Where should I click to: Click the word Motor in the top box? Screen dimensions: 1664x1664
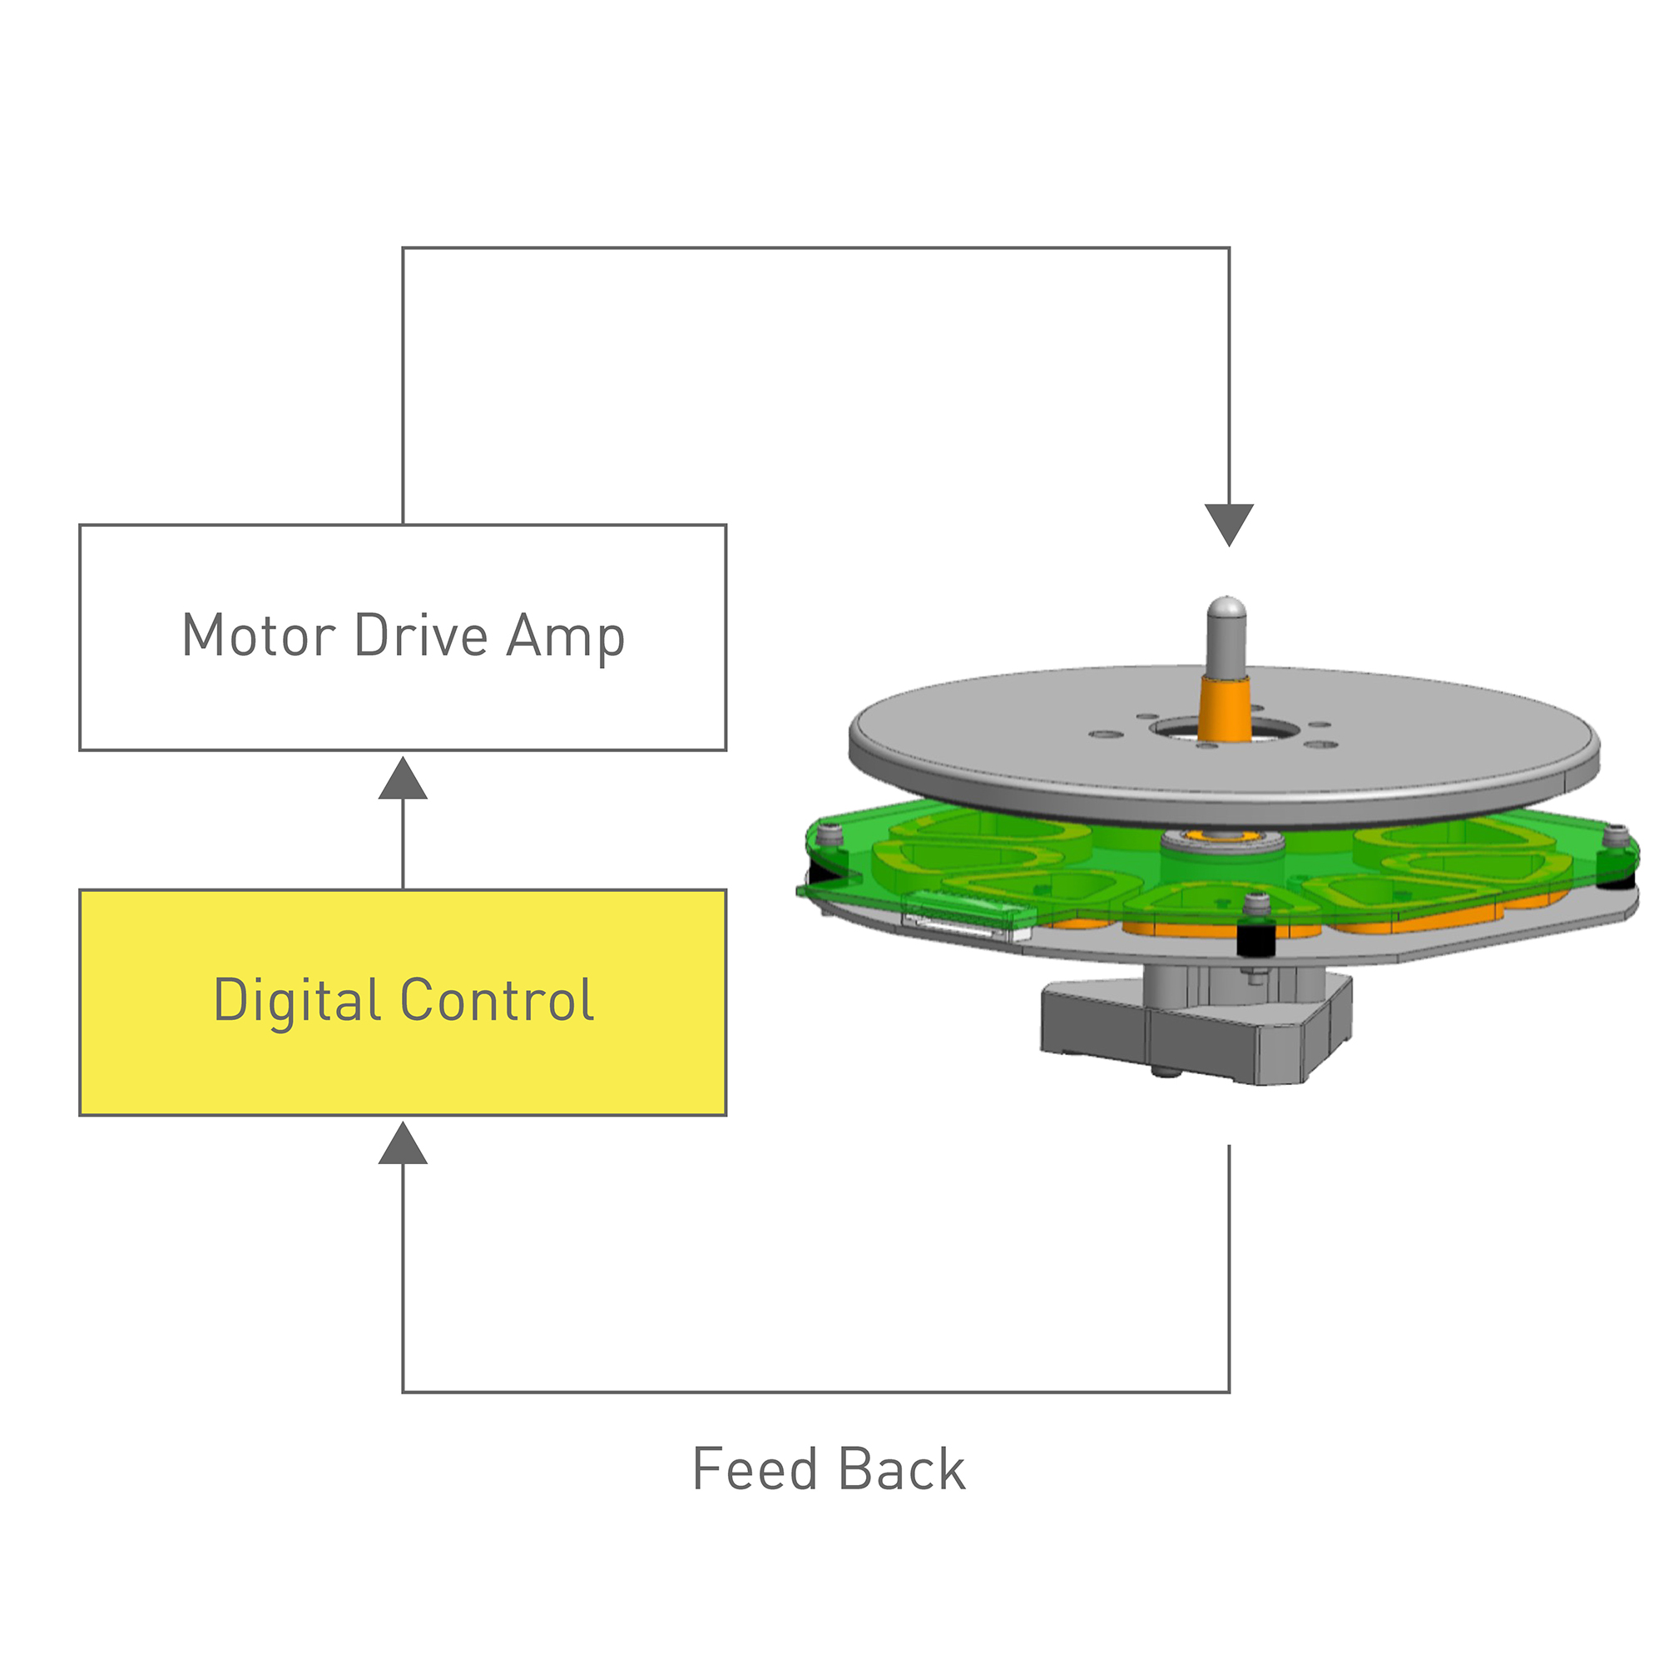pos(259,636)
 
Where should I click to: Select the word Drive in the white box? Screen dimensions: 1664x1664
pos(421,636)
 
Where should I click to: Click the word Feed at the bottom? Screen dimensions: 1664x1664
pos(755,1468)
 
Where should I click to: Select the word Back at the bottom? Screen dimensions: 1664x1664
pos(902,1468)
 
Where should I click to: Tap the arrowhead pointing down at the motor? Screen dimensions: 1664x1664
pos(1229,522)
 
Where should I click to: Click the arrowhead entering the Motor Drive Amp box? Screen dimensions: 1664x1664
pos(403,780)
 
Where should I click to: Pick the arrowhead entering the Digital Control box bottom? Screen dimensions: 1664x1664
pos(403,1144)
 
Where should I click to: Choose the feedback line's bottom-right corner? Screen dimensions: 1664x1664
pos(1229,1392)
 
